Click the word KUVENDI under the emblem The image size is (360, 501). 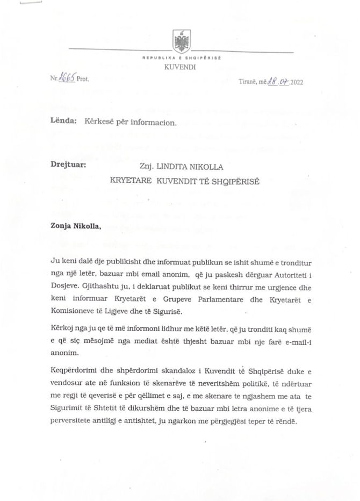pos(181,68)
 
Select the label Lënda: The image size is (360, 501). pos(60,122)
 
